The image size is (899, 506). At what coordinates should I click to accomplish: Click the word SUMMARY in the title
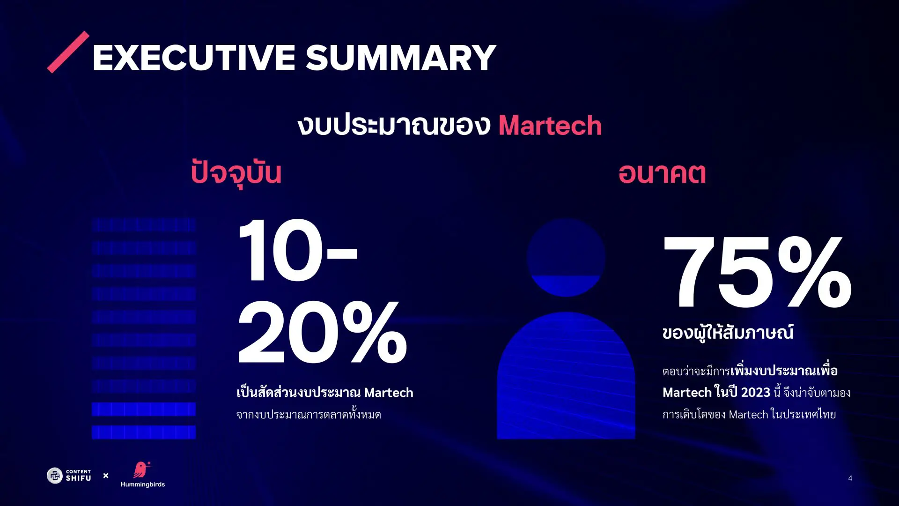401,58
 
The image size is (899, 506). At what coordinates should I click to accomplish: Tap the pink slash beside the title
68,52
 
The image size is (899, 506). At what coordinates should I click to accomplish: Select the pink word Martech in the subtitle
550,126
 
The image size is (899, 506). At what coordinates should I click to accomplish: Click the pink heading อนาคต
662,173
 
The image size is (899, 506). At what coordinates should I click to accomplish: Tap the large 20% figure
322,333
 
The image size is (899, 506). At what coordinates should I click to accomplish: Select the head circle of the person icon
566,257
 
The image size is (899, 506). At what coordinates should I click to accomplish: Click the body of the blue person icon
566,379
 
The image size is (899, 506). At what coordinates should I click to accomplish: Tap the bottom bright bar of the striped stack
144,432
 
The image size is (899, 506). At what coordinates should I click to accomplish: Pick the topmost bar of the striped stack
144,225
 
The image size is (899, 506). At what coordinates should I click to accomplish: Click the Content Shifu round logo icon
55,476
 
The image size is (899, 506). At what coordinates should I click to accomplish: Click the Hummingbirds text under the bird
142,484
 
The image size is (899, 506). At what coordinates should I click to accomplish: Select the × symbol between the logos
106,476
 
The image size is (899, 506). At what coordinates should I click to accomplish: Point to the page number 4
850,478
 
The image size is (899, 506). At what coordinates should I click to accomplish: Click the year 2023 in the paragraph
755,392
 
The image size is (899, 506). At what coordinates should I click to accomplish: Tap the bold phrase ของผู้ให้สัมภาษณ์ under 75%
728,333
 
